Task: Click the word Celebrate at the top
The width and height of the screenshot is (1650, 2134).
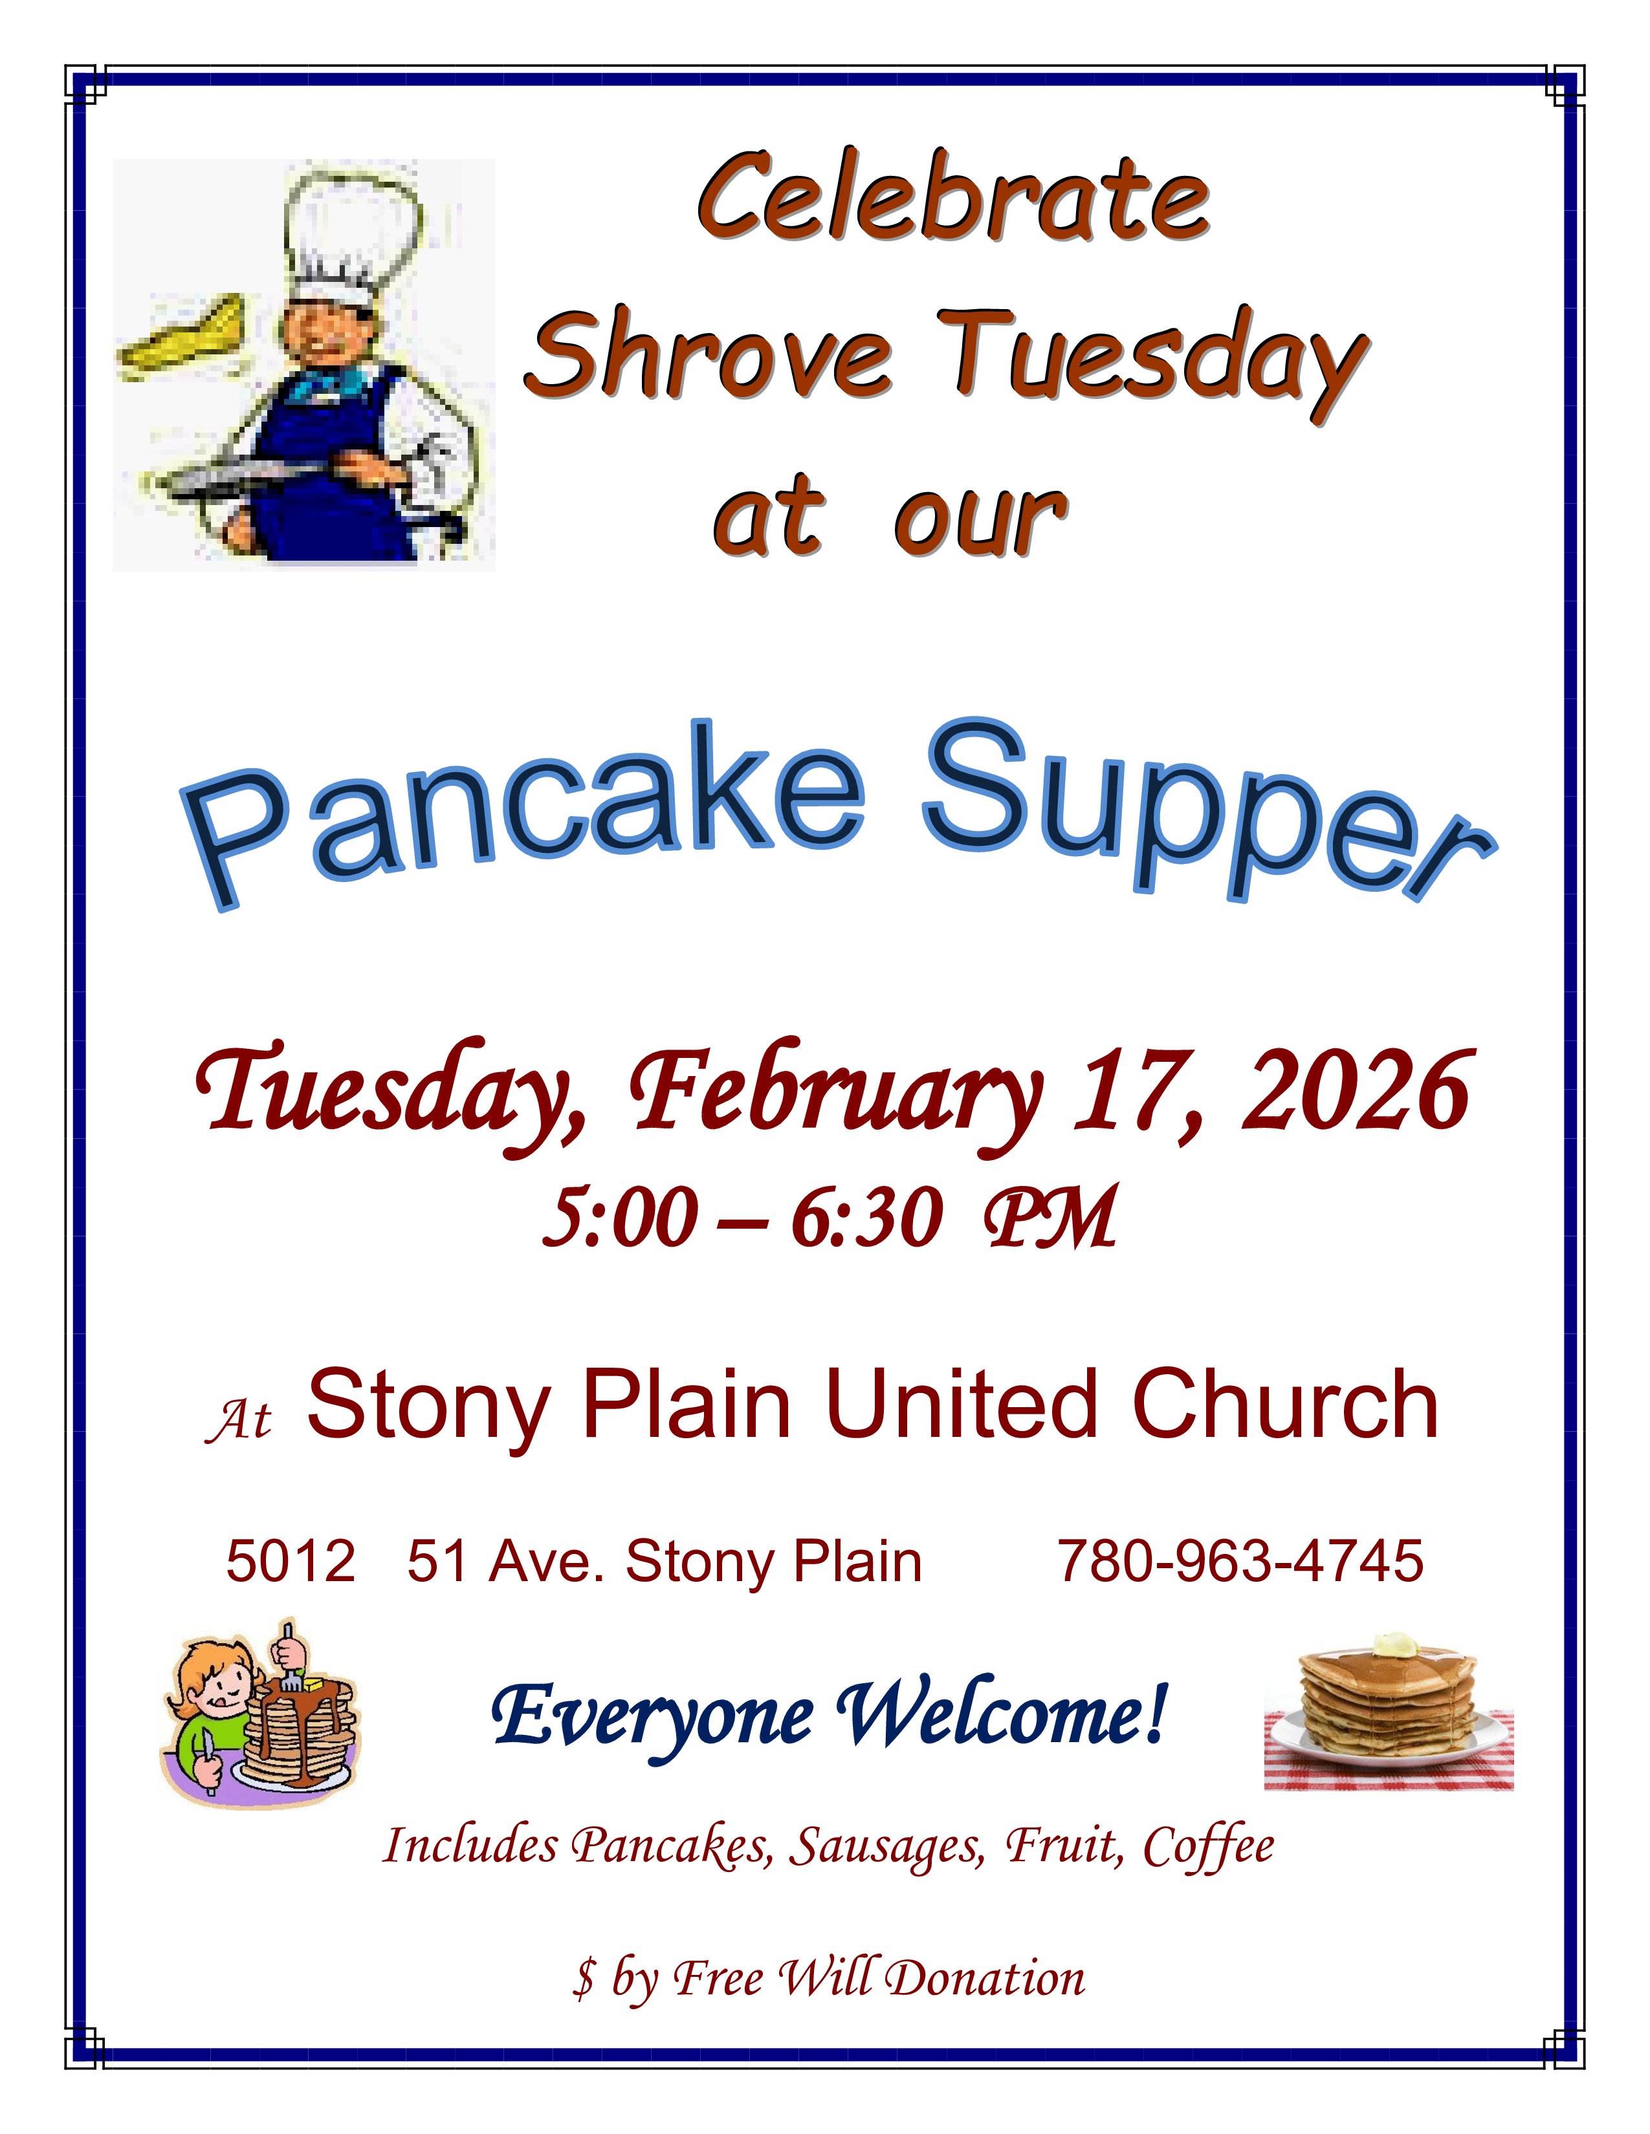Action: (x=953, y=199)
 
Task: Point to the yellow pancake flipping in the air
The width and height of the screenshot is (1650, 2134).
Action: (x=186, y=337)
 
